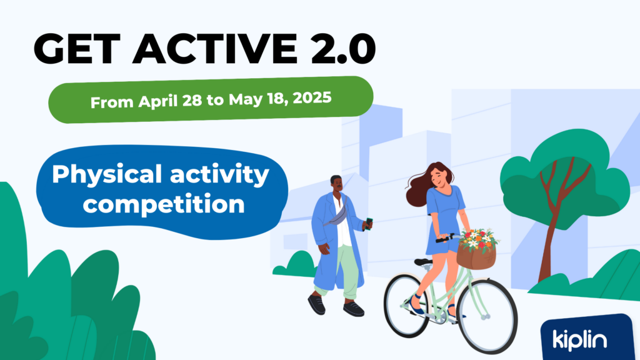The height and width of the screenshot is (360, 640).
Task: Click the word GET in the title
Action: point(77,49)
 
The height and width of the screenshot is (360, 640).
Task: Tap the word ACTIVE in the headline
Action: point(215,49)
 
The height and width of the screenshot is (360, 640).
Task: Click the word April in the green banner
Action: point(157,101)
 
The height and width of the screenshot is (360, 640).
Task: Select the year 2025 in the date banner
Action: point(312,98)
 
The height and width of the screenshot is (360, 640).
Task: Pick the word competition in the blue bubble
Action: point(164,204)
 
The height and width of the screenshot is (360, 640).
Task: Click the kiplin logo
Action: point(579,340)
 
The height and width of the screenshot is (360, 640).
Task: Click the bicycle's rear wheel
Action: point(407,305)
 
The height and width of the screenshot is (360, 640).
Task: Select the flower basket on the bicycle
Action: point(477,249)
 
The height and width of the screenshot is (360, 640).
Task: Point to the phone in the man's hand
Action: point(369,224)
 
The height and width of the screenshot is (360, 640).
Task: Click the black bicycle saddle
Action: point(423,262)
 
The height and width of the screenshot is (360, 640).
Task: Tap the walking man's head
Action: point(336,184)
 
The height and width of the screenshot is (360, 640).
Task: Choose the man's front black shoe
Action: point(354,309)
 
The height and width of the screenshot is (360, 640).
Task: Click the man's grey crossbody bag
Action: point(337,217)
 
